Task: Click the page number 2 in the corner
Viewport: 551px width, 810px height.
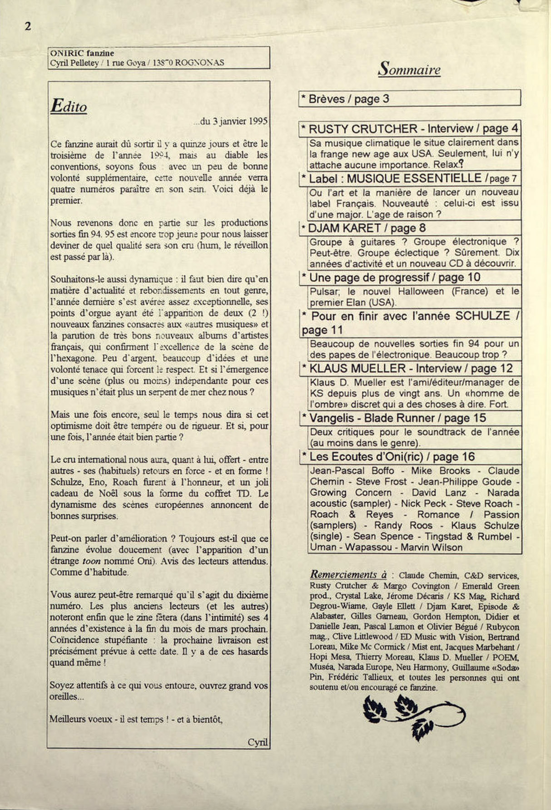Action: (x=28, y=26)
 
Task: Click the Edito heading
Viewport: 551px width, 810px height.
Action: (x=69, y=106)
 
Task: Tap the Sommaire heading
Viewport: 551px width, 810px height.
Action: (x=409, y=69)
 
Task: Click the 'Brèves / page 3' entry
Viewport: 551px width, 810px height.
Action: (x=348, y=99)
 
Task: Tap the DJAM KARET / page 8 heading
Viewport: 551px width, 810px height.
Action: (x=367, y=228)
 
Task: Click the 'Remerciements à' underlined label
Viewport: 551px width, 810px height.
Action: (x=348, y=574)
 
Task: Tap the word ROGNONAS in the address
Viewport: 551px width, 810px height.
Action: (x=199, y=63)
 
